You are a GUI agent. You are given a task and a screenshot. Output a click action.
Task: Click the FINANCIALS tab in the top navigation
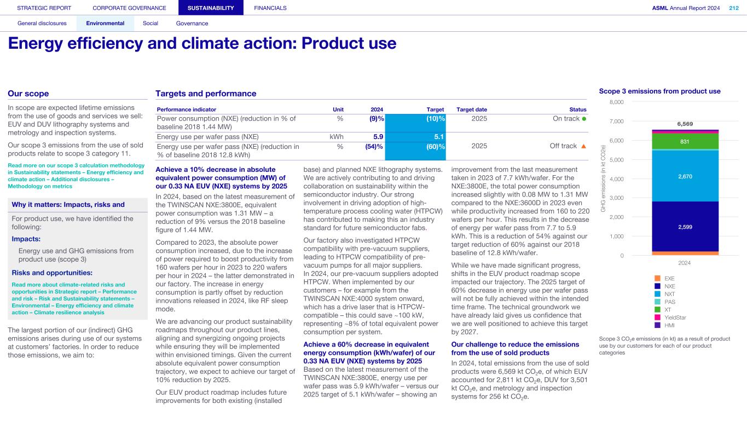pyautogui.click(x=270, y=8)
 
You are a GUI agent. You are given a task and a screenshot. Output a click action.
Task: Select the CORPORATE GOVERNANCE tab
pyautogui.click(x=129, y=8)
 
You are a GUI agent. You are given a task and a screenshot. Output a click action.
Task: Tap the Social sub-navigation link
pyautogui.click(x=150, y=24)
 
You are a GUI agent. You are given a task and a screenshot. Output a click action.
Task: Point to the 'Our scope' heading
pyautogui.click(x=28, y=94)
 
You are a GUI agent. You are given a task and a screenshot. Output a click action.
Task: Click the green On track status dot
pyautogui.click(x=584, y=119)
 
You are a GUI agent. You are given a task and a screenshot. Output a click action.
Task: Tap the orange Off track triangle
pyautogui.click(x=584, y=146)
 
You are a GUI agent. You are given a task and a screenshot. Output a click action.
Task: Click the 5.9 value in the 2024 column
pyautogui.click(x=378, y=137)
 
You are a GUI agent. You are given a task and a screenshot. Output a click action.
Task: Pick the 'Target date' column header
pyautogui.click(x=471, y=109)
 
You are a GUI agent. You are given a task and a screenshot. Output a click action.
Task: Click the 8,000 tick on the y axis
pyautogui.click(x=632, y=102)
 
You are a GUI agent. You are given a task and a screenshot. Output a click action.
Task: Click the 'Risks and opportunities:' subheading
pyautogui.click(x=52, y=273)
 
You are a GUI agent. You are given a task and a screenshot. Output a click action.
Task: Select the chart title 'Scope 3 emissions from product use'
pyautogui.click(x=660, y=91)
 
